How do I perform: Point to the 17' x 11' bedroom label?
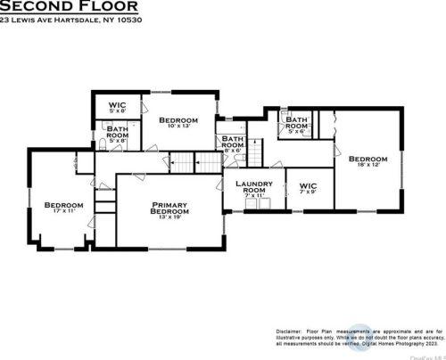[x=63, y=207]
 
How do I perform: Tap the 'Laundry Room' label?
[x=253, y=187]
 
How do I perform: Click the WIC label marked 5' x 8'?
[x=117, y=107]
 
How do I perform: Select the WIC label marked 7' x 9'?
[x=309, y=188]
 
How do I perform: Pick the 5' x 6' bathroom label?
[x=297, y=126]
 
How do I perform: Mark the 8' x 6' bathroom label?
[x=233, y=144]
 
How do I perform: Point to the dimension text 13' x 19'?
[x=169, y=217]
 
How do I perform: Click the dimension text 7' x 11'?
[x=253, y=195]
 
